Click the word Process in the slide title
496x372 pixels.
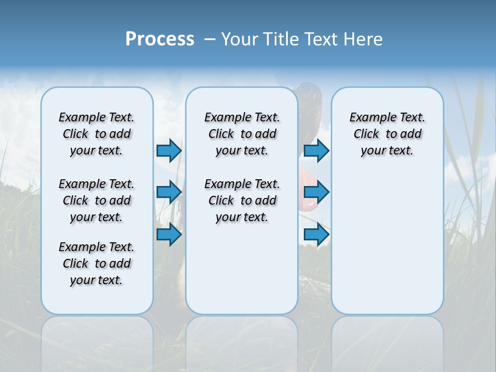coord(160,39)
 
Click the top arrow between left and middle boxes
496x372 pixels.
coord(169,150)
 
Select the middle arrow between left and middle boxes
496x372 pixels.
coord(169,192)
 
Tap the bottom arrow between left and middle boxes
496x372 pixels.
coord(169,235)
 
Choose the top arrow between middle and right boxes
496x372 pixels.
coord(316,150)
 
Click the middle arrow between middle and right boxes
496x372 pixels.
coord(316,192)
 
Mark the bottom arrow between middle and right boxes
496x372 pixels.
coord(316,235)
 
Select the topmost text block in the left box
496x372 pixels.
coord(97,134)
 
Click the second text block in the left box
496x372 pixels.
coord(97,200)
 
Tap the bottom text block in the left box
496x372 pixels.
coord(97,263)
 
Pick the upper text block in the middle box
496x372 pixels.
coord(242,134)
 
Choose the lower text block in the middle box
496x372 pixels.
coord(242,200)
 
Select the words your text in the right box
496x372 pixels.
coord(387,151)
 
